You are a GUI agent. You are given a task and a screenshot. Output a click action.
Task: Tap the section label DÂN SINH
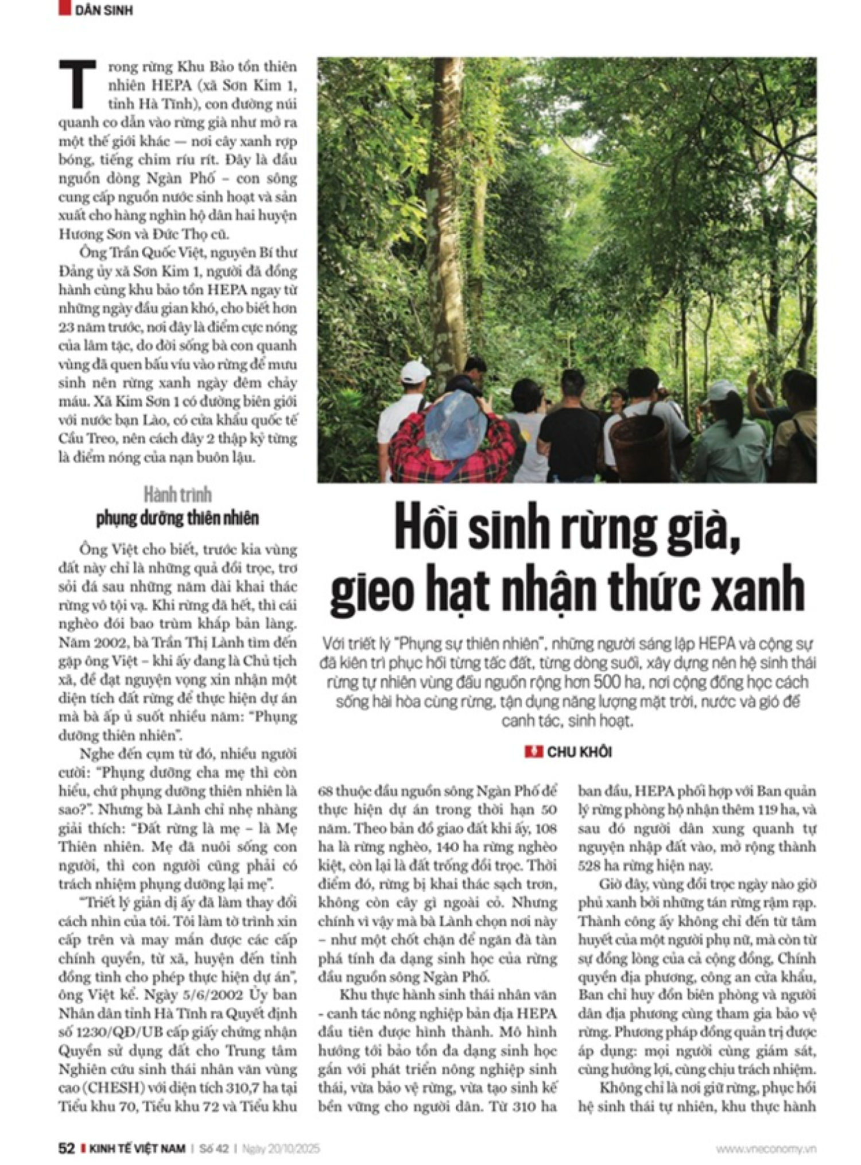(103, 10)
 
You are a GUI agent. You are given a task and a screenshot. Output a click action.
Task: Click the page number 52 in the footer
(67, 1148)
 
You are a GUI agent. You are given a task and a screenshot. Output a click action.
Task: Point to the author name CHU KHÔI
(579, 752)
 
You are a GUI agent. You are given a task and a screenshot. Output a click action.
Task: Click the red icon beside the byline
(533, 751)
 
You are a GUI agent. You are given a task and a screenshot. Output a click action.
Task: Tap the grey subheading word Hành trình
(177, 495)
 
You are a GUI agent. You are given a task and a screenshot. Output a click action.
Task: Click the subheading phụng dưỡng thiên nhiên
(177, 518)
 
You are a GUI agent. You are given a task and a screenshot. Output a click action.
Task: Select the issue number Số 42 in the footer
(214, 1148)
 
